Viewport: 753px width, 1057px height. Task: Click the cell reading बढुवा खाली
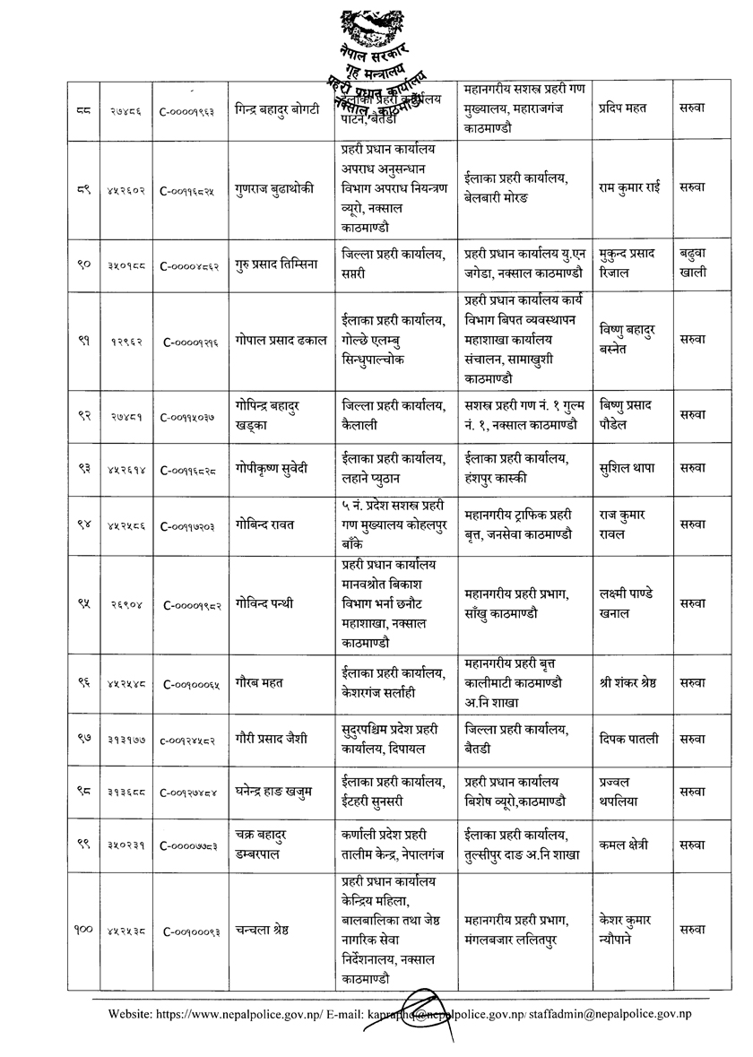pyautogui.click(x=692, y=264)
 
